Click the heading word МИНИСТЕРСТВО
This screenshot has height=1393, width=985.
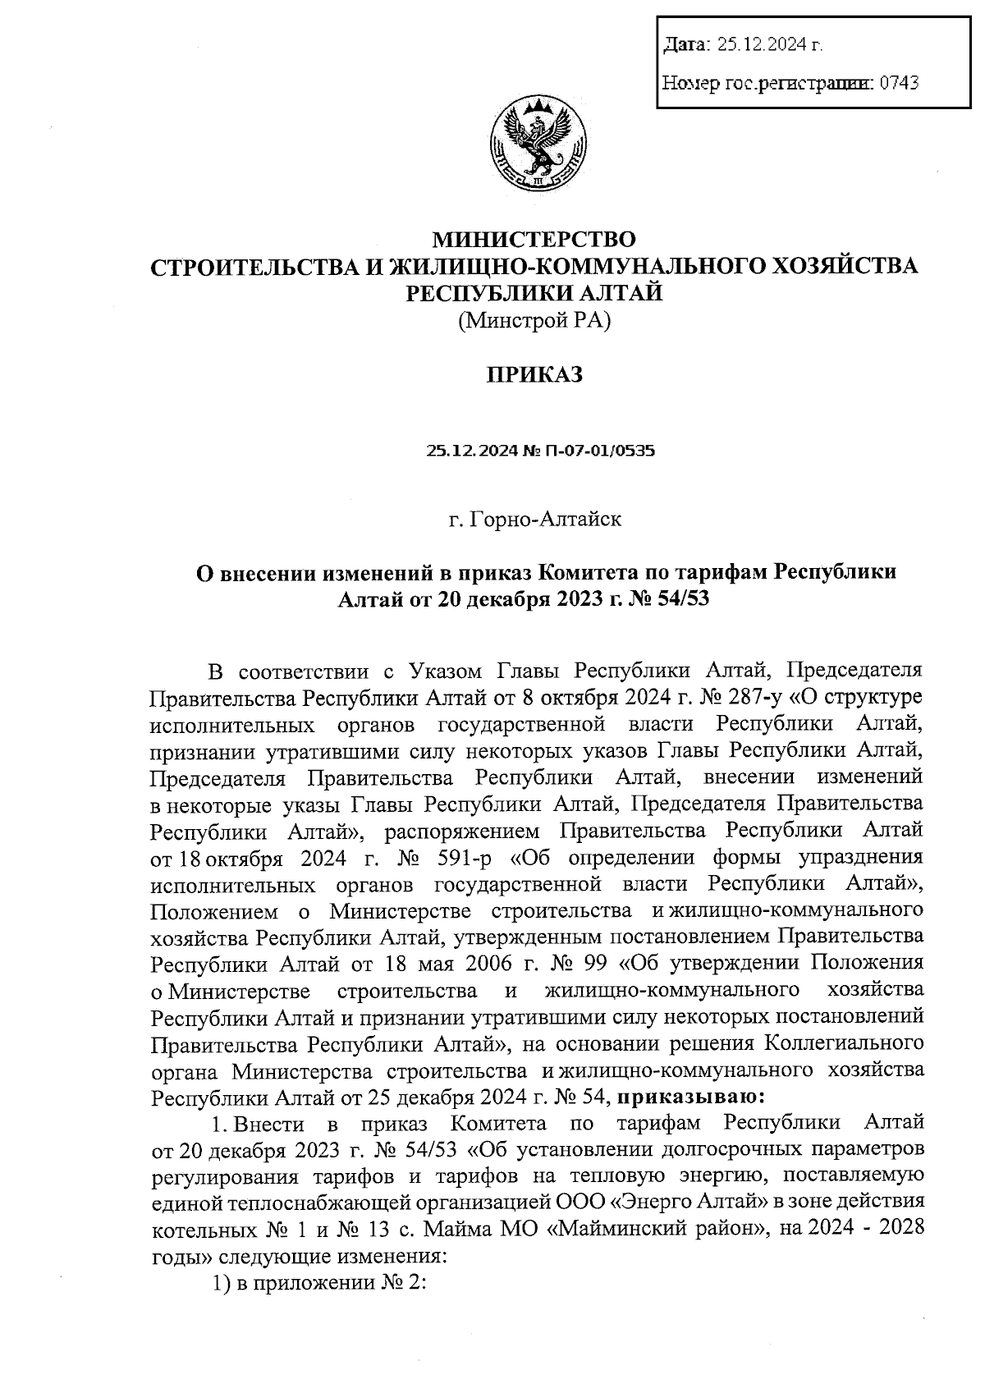point(534,240)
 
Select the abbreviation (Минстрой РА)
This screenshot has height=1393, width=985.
point(534,321)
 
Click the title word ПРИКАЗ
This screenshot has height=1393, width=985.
point(534,375)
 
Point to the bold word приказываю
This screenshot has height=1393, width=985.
point(688,1096)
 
